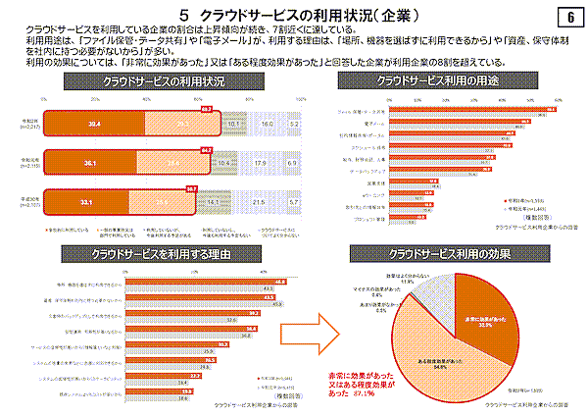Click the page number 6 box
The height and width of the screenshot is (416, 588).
point(569,18)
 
